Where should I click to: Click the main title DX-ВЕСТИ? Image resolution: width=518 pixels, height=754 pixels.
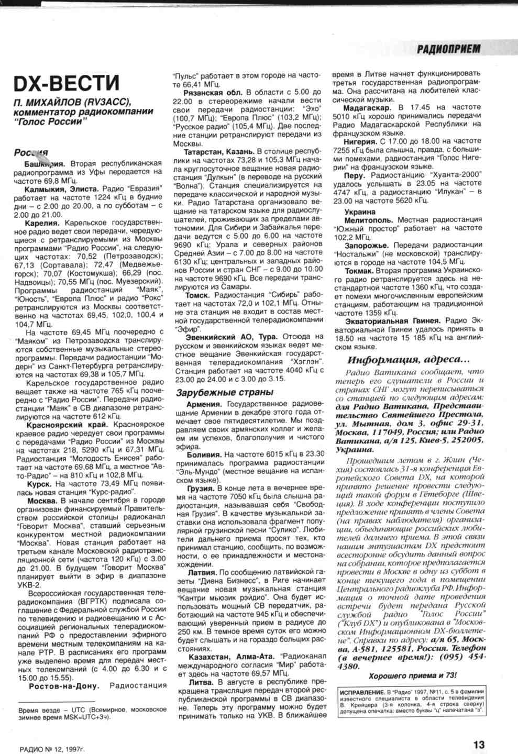coord(67,83)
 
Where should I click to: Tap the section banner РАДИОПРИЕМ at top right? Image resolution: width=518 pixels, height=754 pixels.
coord(448,49)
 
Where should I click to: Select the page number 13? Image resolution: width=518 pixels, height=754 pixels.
coord(479,744)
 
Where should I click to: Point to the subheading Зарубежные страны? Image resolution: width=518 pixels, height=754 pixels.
coord(224,392)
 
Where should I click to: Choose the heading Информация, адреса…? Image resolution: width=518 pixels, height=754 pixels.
coord(409,360)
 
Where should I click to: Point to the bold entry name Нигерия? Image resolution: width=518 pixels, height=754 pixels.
coord(360,141)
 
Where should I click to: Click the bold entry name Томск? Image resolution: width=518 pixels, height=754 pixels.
coord(197,295)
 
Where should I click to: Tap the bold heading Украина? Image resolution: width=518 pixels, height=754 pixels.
coord(360,212)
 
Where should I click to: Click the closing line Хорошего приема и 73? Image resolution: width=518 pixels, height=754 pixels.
coord(412,676)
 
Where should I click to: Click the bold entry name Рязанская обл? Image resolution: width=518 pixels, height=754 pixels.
coord(215,93)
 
